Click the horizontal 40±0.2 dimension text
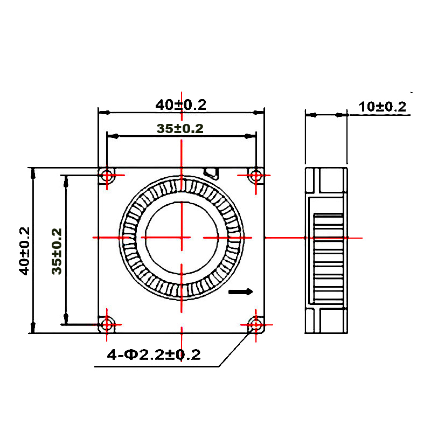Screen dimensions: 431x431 point(180,105)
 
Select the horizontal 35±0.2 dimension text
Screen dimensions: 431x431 point(180,128)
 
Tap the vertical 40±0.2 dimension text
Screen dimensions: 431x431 point(24,251)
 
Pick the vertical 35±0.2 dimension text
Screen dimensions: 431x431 point(57,251)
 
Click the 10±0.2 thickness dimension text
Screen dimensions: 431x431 point(383,107)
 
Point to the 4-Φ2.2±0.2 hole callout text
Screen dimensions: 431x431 point(154,354)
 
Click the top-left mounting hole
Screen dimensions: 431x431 point(107,175)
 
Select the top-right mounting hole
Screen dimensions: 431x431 point(256,175)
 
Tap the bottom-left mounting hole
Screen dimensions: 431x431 point(107,325)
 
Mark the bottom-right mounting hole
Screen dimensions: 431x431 point(256,325)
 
